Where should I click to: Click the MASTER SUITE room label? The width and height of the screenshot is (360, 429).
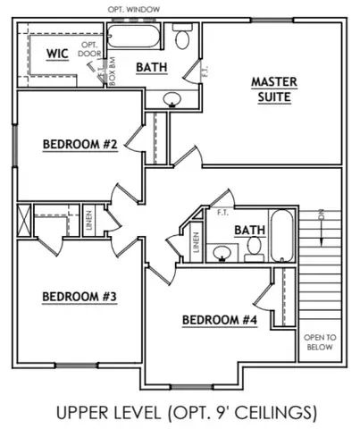(x=274, y=89)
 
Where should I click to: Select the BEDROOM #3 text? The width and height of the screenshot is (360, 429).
(x=80, y=296)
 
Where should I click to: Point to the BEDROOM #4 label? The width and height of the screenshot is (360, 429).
(x=219, y=320)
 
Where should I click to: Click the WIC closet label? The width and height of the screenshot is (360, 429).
(x=57, y=54)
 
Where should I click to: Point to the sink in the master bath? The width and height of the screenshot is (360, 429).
(x=172, y=99)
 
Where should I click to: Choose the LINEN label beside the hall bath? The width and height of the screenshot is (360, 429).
(x=196, y=242)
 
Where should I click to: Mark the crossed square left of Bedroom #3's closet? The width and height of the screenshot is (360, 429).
(x=23, y=218)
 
